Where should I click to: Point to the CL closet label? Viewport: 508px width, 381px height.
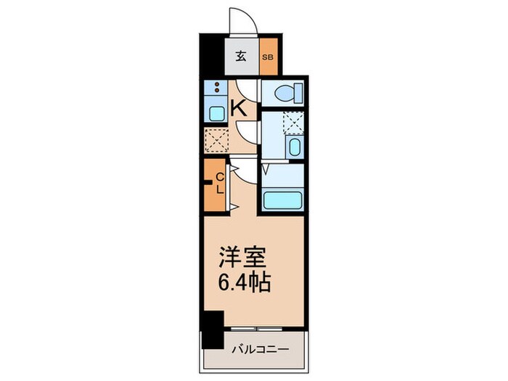pyautogui.click(x=219, y=181)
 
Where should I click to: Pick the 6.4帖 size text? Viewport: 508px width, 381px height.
pyautogui.click(x=245, y=282)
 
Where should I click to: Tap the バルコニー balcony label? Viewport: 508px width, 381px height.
pyautogui.click(x=261, y=349)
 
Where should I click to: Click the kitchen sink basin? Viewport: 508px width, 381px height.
pyautogui.click(x=216, y=112)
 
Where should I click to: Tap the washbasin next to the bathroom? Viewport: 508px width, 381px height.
pyautogui.click(x=295, y=147)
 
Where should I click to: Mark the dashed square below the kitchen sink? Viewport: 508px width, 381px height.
pyautogui.click(x=216, y=137)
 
